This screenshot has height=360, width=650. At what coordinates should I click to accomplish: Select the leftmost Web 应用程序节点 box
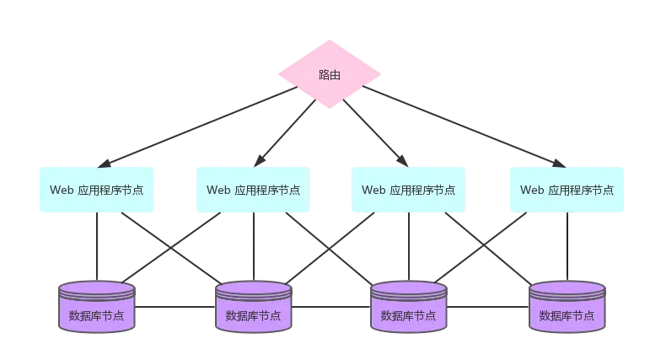[96, 189]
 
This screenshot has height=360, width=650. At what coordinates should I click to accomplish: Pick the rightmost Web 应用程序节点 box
[567, 189]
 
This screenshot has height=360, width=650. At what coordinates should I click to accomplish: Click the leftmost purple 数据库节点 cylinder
[96, 309]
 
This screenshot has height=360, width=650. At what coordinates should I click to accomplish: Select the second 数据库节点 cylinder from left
[253, 309]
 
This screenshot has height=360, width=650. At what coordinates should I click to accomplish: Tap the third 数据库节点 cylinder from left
[409, 309]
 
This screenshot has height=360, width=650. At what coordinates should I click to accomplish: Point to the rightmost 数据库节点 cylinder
[567, 309]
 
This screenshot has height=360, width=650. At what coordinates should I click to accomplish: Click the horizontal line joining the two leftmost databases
[172, 307]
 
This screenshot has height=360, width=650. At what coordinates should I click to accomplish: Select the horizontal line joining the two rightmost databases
[487, 307]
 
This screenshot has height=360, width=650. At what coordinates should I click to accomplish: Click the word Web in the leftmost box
[62, 190]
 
